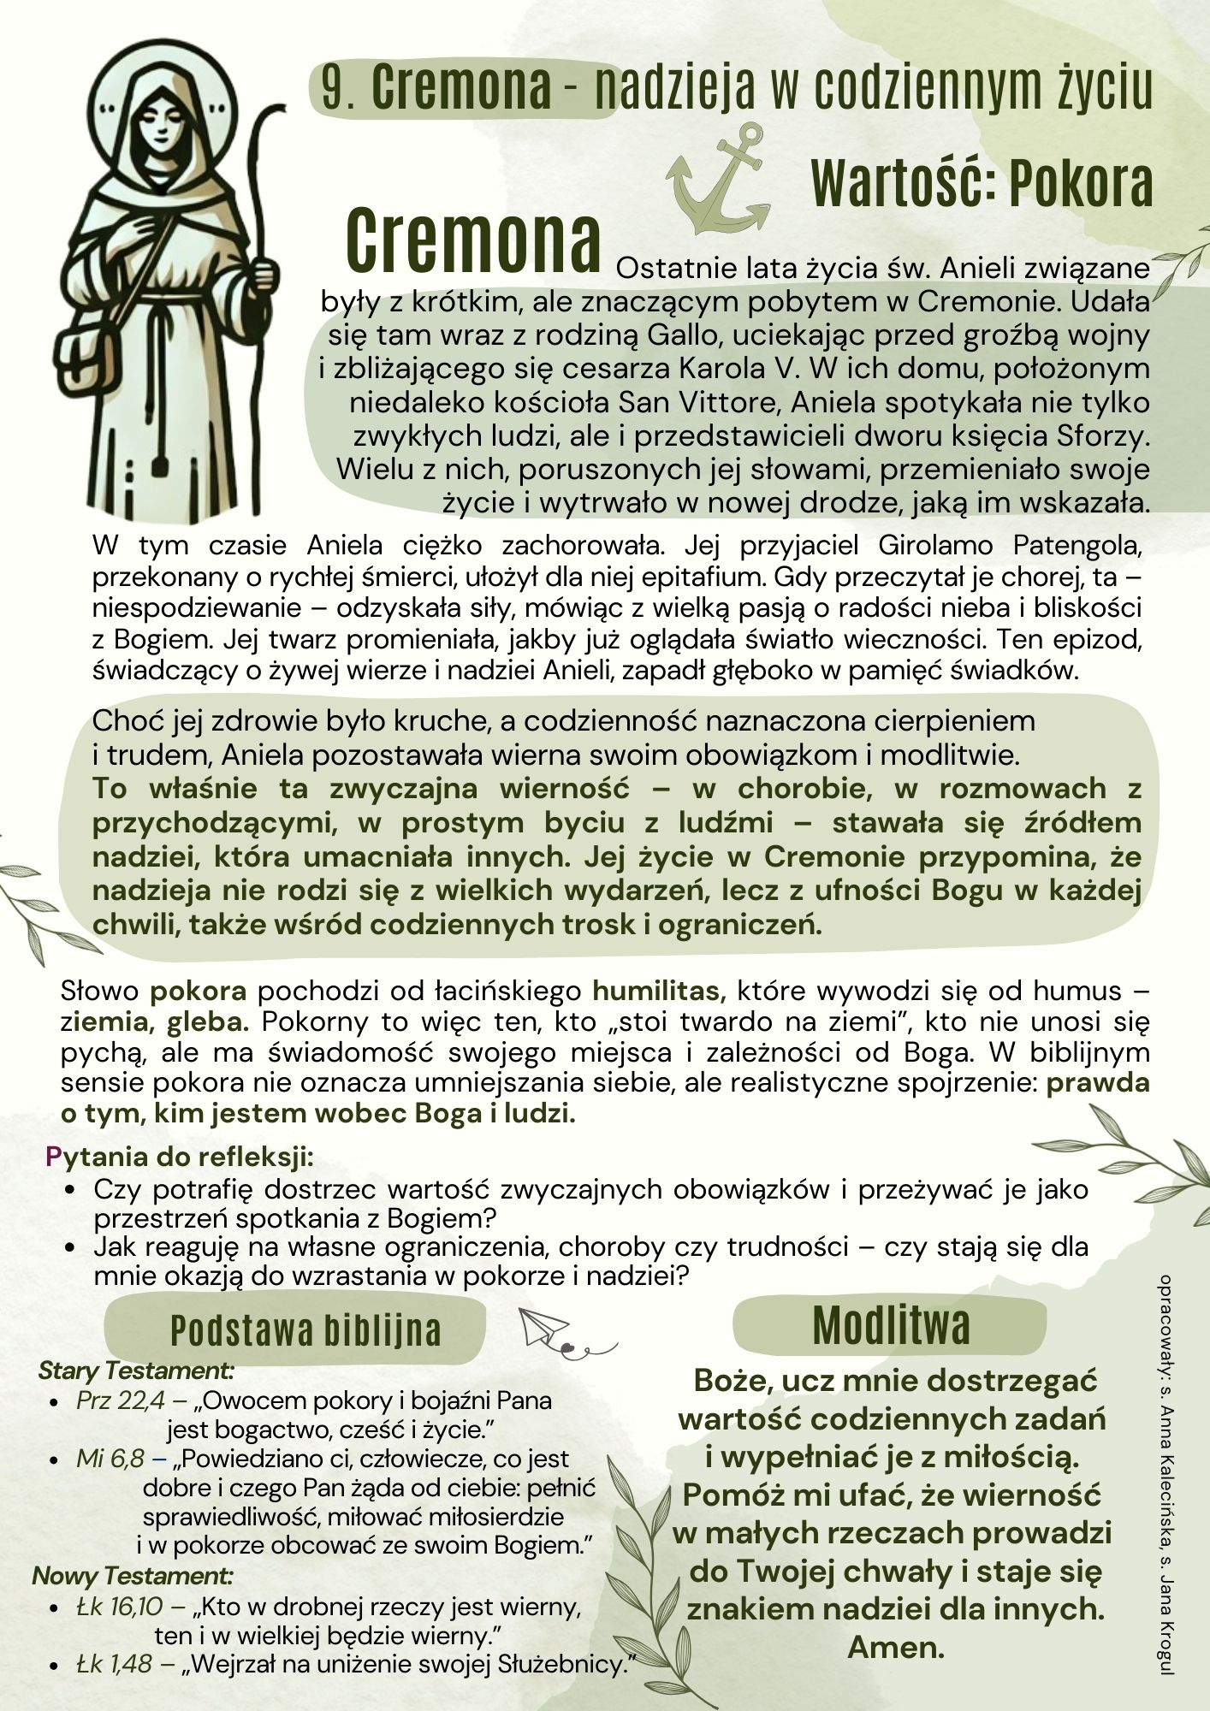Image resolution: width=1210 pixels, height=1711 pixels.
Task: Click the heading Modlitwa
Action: tap(890, 1327)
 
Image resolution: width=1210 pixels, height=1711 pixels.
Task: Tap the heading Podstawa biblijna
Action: tap(305, 1330)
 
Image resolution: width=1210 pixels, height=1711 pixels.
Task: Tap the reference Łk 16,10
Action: tap(119, 1607)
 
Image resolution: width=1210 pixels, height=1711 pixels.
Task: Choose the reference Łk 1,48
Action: tap(114, 1663)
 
